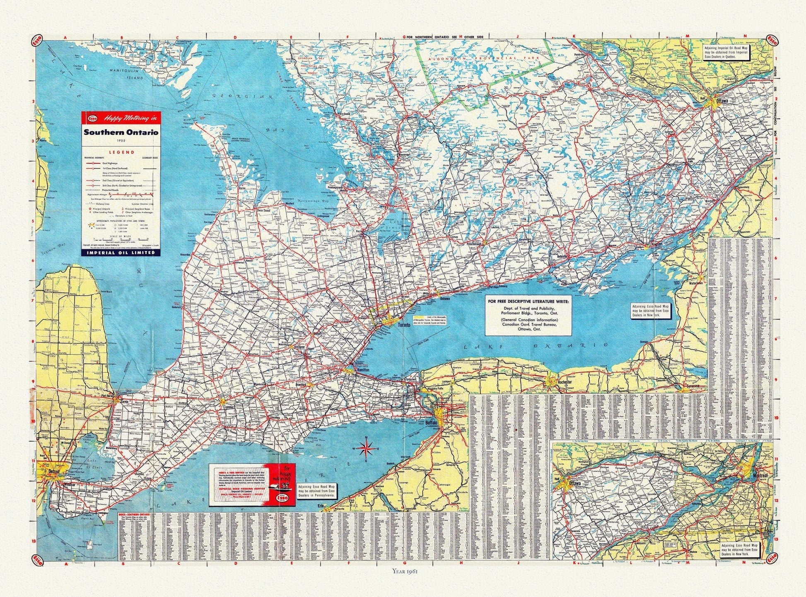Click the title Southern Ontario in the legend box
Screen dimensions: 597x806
(x=121, y=133)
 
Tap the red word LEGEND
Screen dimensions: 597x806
(x=121, y=152)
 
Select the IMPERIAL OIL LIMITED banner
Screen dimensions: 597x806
(x=121, y=252)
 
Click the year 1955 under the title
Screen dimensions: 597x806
(x=121, y=141)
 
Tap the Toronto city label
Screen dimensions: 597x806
(x=404, y=325)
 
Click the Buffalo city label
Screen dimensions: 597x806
(x=431, y=423)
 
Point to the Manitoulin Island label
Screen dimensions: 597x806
(x=126, y=74)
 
